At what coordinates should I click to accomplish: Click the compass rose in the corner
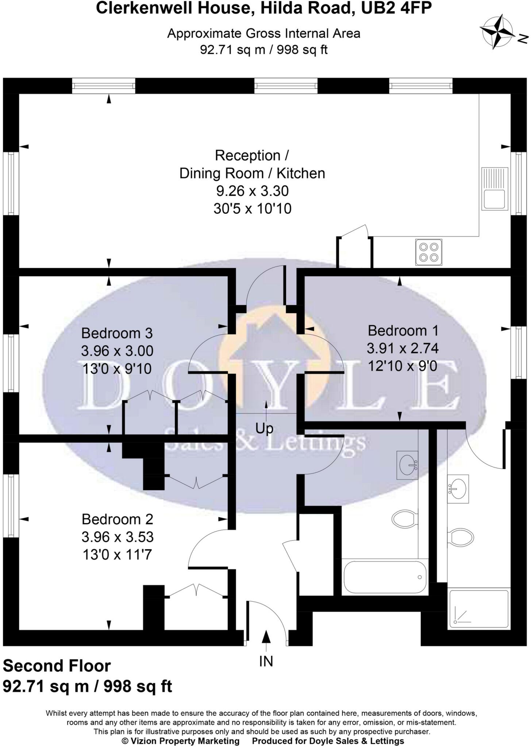tap(497, 32)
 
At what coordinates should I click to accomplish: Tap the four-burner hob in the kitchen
tap(428, 252)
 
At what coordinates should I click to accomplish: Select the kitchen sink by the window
tap(495, 189)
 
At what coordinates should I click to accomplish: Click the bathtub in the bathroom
tap(385, 577)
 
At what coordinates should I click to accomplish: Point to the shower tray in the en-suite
tap(478, 609)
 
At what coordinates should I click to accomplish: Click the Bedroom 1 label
tap(403, 330)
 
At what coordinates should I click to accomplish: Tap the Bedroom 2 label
tap(117, 519)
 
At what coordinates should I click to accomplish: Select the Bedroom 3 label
tap(117, 333)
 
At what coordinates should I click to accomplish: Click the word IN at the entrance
tap(266, 661)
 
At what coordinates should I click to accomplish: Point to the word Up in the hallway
tap(264, 428)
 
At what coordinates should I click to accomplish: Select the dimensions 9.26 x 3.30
tap(253, 191)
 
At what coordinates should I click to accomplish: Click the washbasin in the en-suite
tap(458, 489)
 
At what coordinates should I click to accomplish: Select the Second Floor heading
tap(57, 666)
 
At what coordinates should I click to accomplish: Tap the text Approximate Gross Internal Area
tap(263, 34)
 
